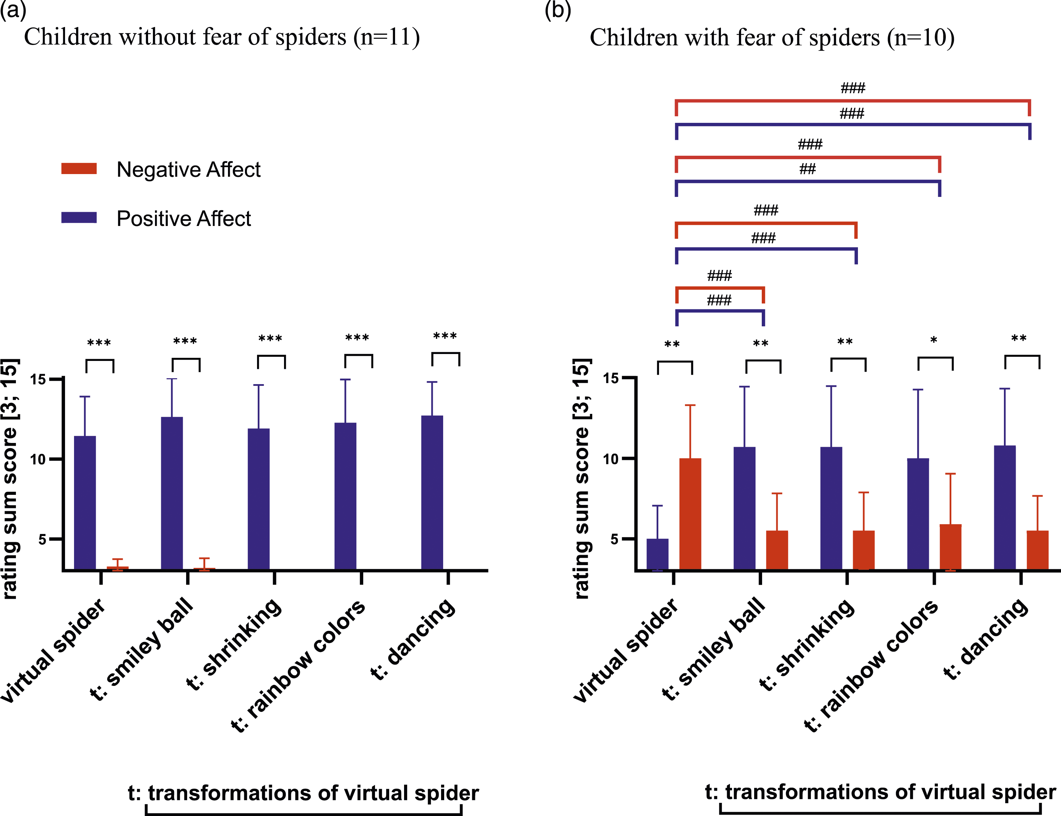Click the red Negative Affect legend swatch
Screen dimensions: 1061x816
pos(79,169)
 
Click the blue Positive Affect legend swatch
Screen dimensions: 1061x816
pos(79,218)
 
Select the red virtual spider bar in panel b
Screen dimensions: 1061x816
pos(690,514)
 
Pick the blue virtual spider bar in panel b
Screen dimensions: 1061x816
pos(658,554)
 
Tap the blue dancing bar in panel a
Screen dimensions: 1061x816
pos(432,492)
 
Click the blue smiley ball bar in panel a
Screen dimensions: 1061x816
pos(172,493)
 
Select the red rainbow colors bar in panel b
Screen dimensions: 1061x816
pos(951,547)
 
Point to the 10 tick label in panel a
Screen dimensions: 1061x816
pos(38,459)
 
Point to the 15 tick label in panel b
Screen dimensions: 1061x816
pos(611,378)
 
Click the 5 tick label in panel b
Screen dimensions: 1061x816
pos(615,539)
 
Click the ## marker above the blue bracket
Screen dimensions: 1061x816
pos(807,169)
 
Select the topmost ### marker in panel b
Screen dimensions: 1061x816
pos(853,88)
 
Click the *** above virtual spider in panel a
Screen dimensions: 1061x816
pos(99,343)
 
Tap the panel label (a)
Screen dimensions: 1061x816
pos(13,10)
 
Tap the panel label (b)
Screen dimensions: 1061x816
pos(558,10)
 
